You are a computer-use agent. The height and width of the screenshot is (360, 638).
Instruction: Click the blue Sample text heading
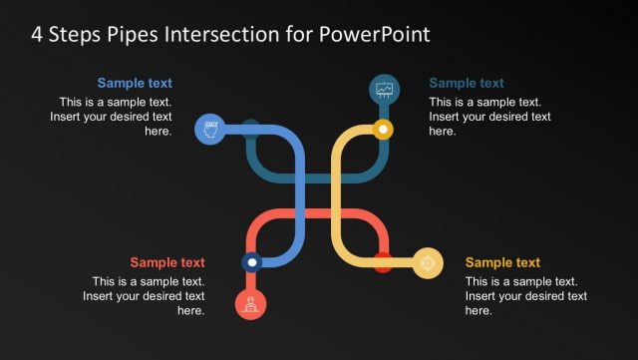click(135, 84)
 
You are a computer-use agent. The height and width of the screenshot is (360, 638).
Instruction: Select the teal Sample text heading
click(466, 84)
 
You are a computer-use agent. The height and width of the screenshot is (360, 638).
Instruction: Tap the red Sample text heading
click(167, 262)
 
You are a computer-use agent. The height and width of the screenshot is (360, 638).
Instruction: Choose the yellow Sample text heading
click(502, 262)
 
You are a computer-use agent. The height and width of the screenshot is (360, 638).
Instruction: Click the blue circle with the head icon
click(209, 129)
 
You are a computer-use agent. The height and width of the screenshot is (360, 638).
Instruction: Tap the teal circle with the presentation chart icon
click(385, 90)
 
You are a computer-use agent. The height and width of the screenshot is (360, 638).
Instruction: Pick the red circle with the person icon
click(251, 303)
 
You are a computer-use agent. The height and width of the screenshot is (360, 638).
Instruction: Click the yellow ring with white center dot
click(383, 129)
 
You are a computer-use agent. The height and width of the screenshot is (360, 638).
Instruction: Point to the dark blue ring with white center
click(252, 263)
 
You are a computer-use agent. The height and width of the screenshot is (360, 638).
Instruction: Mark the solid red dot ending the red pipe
click(383, 263)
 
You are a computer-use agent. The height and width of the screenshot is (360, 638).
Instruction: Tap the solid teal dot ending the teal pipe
click(252, 128)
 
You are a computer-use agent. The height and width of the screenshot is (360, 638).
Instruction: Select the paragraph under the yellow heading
click(525, 296)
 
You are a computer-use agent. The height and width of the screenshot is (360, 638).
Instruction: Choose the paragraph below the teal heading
click(489, 117)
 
